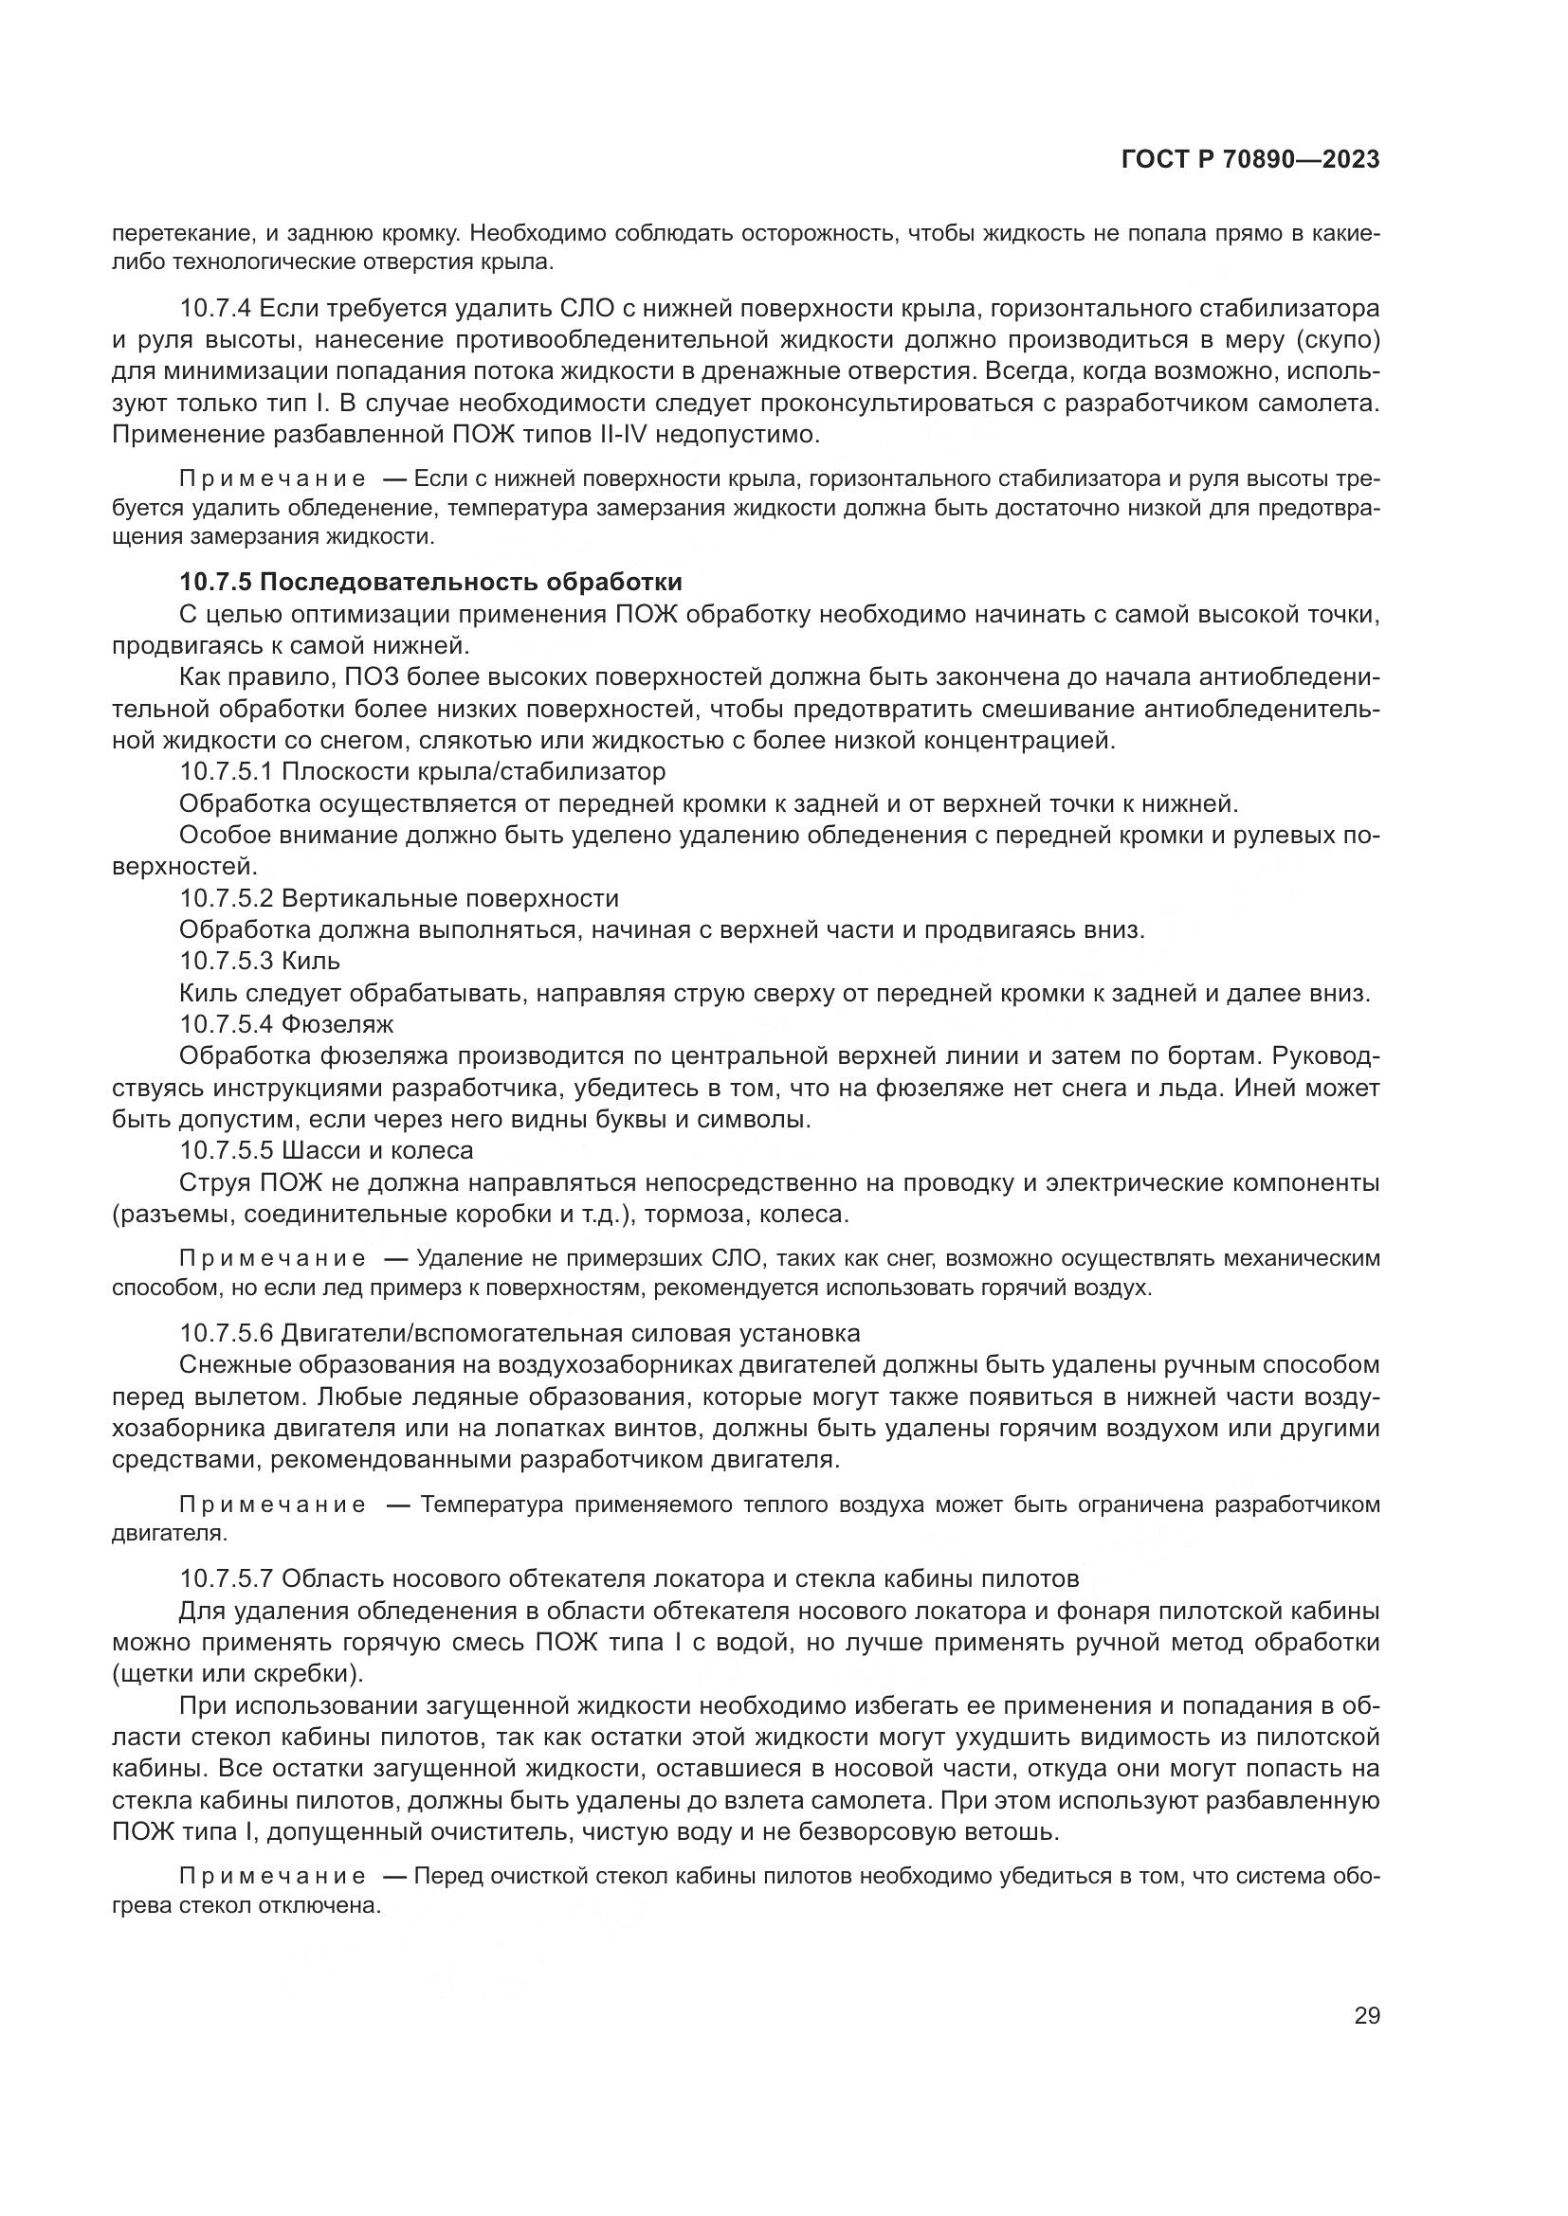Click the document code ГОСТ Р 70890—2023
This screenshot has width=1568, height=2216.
point(1249,160)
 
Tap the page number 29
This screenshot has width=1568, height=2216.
point(1366,2016)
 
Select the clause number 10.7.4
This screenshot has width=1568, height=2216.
point(215,309)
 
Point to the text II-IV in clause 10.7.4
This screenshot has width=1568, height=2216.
point(613,434)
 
